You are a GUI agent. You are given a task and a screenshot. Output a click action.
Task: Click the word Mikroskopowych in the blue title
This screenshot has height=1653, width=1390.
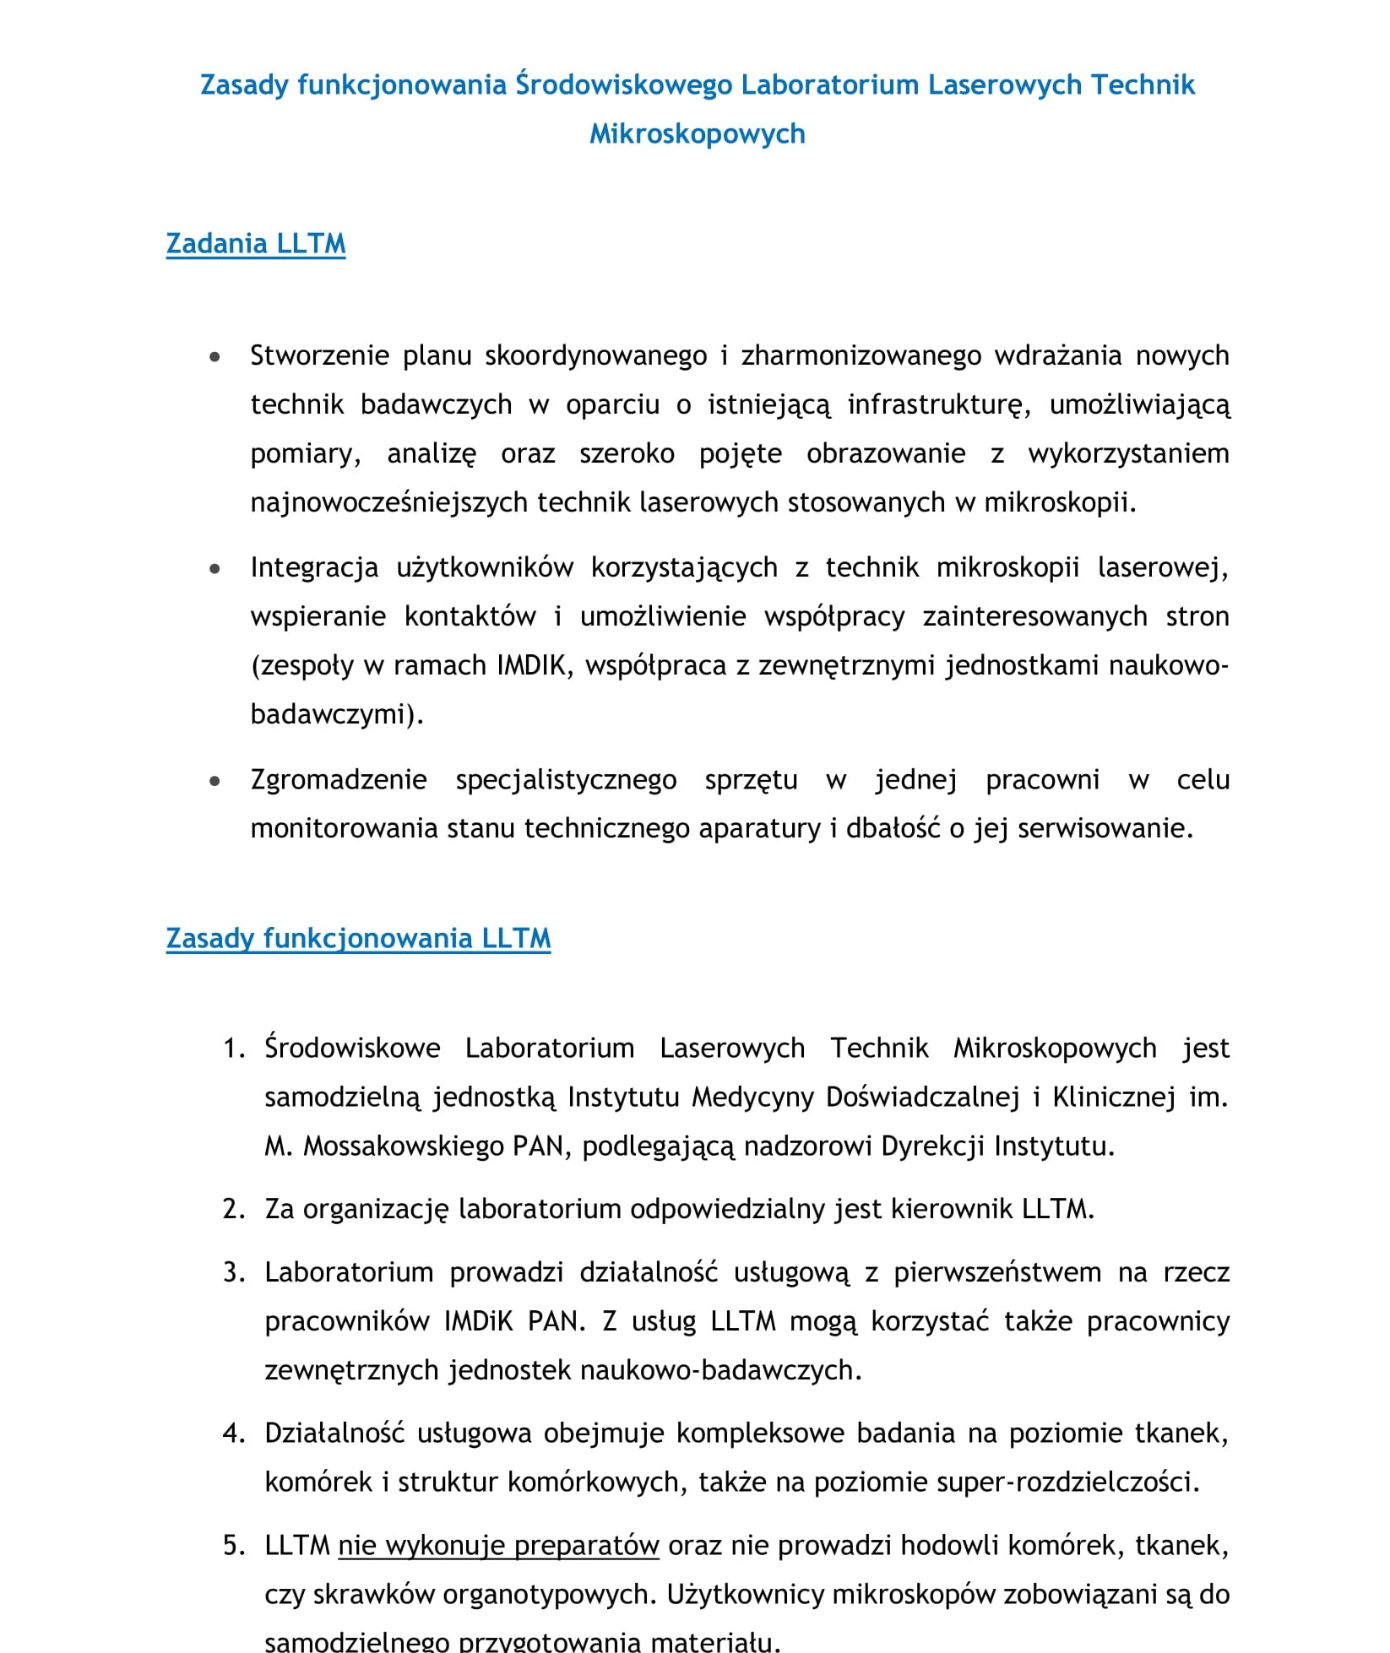click(x=697, y=133)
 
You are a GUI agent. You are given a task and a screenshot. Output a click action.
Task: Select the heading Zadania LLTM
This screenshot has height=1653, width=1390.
click(x=256, y=243)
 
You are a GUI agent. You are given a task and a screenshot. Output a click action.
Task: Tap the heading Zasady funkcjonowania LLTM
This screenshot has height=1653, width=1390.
click(x=358, y=938)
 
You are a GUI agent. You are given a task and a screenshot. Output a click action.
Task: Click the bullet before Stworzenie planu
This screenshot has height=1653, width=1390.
click(x=215, y=357)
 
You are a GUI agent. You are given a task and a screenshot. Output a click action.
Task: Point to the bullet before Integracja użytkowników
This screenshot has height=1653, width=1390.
click(x=215, y=569)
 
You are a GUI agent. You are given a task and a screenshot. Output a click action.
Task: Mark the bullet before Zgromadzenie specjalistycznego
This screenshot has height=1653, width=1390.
click(x=215, y=781)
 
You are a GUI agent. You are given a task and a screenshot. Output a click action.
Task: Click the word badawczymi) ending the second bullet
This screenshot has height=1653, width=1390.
click(x=337, y=714)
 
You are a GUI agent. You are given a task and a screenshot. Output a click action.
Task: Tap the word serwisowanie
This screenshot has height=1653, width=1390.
click(x=1105, y=828)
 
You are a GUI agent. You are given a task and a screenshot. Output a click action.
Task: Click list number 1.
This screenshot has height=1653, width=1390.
click(x=233, y=1049)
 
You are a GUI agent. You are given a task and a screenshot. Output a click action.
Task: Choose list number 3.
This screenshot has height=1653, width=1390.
click(x=233, y=1272)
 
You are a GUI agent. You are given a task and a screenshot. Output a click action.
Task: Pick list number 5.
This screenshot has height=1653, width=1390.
click(x=233, y=1545)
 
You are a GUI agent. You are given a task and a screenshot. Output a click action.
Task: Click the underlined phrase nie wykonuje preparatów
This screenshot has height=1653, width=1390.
click(x=498, y=1545)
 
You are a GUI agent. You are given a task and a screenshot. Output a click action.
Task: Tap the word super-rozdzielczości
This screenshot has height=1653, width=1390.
click(x=1007, y=1482)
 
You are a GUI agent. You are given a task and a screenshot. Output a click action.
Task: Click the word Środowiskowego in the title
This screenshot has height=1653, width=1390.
click(x=624, y=84)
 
